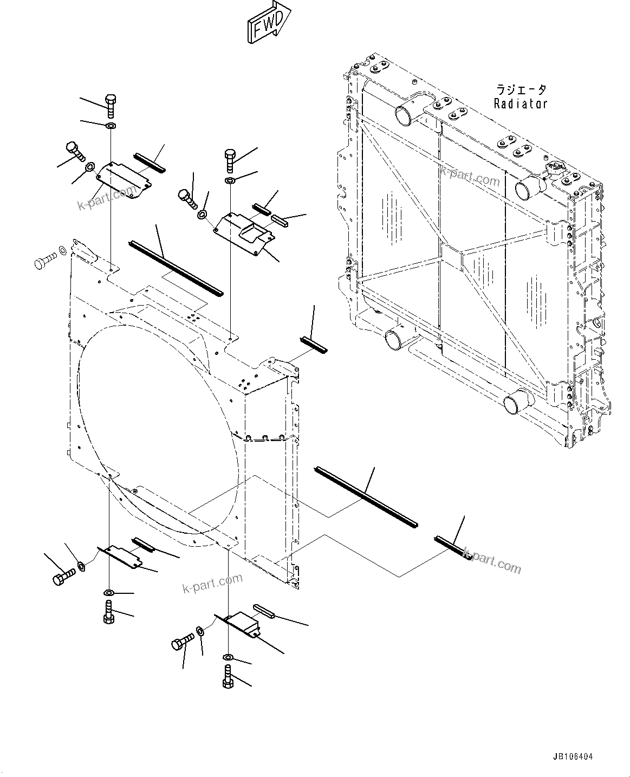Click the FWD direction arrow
pos(268,23)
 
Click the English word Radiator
pos(521,103)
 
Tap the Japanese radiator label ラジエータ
pos(521,89)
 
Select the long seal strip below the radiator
pos(366,496)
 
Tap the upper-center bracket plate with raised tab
pos(245,231)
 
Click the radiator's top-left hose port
pos(406,114)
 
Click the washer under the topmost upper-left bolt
pos(111,126)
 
